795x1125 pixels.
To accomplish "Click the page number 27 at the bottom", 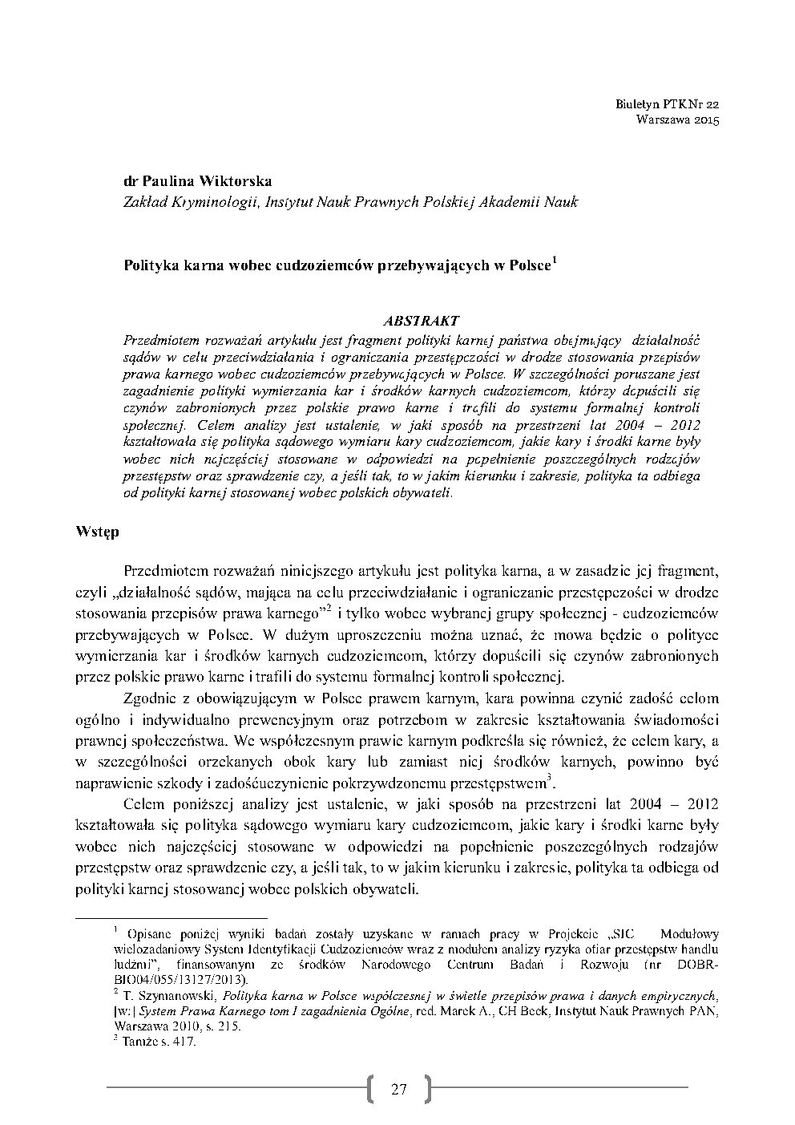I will (x=399, y=1089).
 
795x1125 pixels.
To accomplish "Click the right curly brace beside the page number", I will (x=427, y=1088).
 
